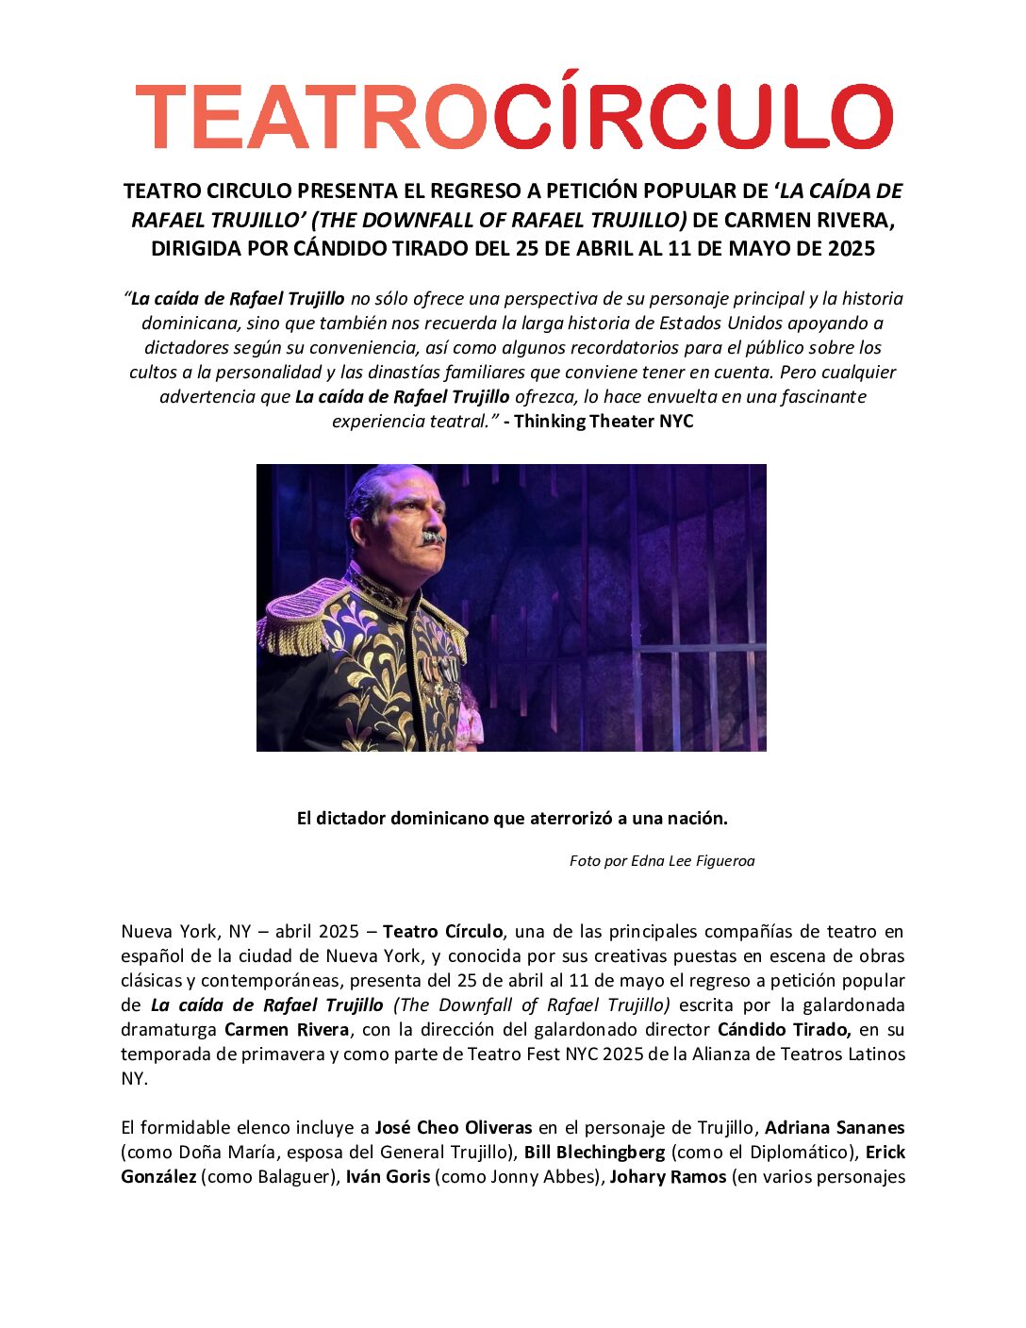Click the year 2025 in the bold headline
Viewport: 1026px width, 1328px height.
[851, 249]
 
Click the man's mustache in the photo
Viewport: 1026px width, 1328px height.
[432, 537]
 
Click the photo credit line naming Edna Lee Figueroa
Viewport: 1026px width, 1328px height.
[662, 860]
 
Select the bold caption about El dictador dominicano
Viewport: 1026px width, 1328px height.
[512, 818]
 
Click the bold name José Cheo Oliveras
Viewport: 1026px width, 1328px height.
[454, 1127]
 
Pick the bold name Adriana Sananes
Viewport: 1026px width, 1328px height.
[835, 1127]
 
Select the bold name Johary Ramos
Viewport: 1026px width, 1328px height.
[668, 1176]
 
